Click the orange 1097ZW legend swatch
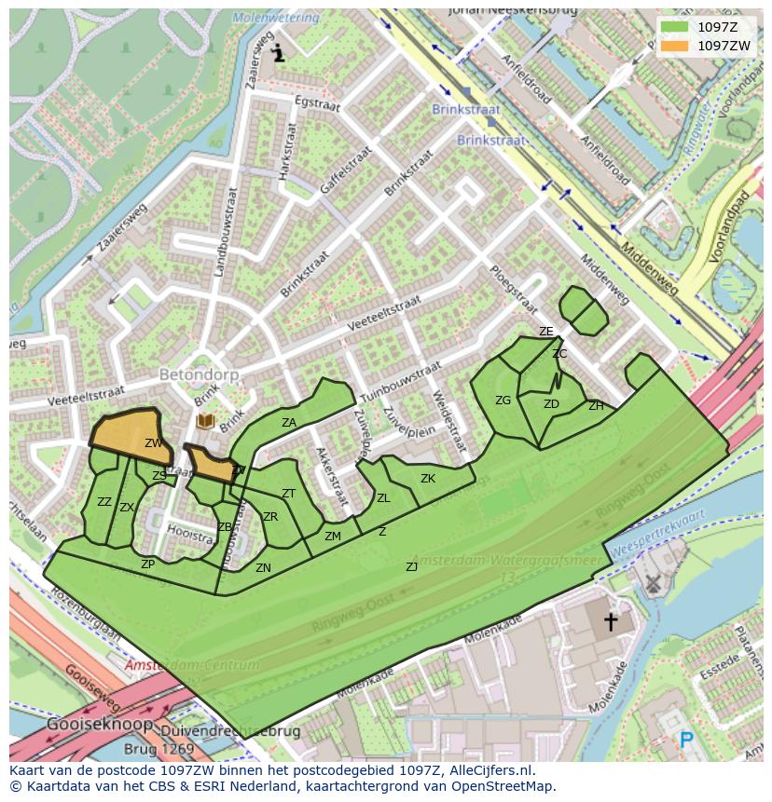click(675, 46)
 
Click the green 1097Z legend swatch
click(675, 26)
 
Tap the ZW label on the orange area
click(154, 443)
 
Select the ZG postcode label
click(503, 401)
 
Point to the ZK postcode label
click(428, 479)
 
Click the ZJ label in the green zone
click(411, 566)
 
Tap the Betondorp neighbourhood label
click(200, 374)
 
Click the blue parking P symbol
click(687, 741)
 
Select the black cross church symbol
click(611, 621)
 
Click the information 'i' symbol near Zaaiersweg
click(278, 54)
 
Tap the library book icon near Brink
click(205, 422)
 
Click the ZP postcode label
click(147, 564)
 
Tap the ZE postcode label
click(546, 332)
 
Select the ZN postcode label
click(264, 567)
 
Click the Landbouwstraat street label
click(226, 232)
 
